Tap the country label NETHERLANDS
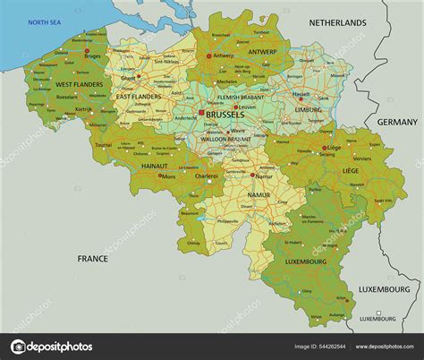coord(337,22)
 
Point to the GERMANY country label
coord(396,122)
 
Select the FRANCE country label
coord(92,259)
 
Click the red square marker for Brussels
coord(202,115)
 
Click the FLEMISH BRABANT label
coord(240,96)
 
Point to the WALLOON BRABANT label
coord(225,139)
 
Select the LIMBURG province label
coord(308,109)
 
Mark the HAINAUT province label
coord(154,166)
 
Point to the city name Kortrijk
coord(84,109)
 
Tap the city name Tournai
coord(104,143)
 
